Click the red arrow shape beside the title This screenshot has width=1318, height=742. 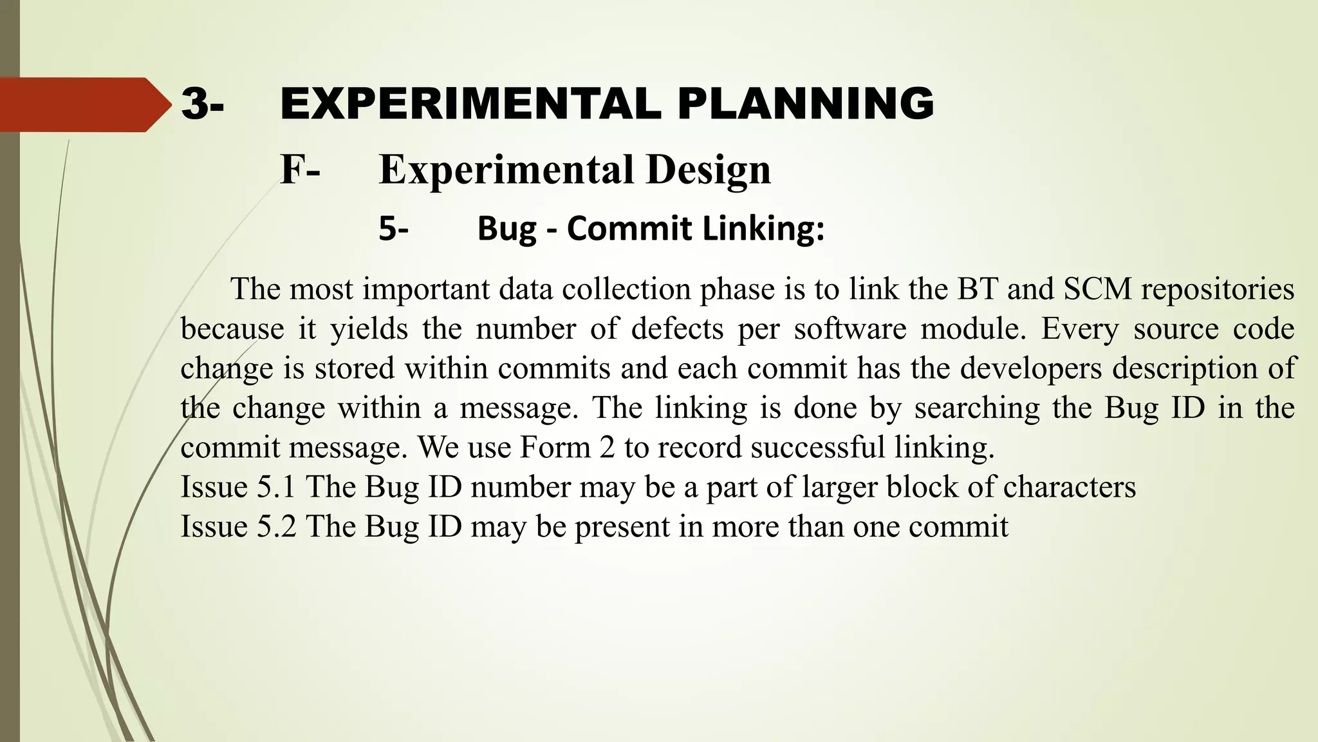(x=80, y=104)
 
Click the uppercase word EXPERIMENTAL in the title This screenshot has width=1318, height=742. (x=470, y=104)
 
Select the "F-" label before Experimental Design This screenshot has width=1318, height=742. (x=300, y=169)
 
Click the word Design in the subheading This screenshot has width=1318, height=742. (x=708, y=169)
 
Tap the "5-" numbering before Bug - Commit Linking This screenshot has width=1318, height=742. (x=393, y=229)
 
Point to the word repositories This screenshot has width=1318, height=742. (x=1218, y=289)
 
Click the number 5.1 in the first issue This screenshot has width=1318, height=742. (x=276, y=487)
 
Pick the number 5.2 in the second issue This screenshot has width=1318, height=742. (x=276, y=526)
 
